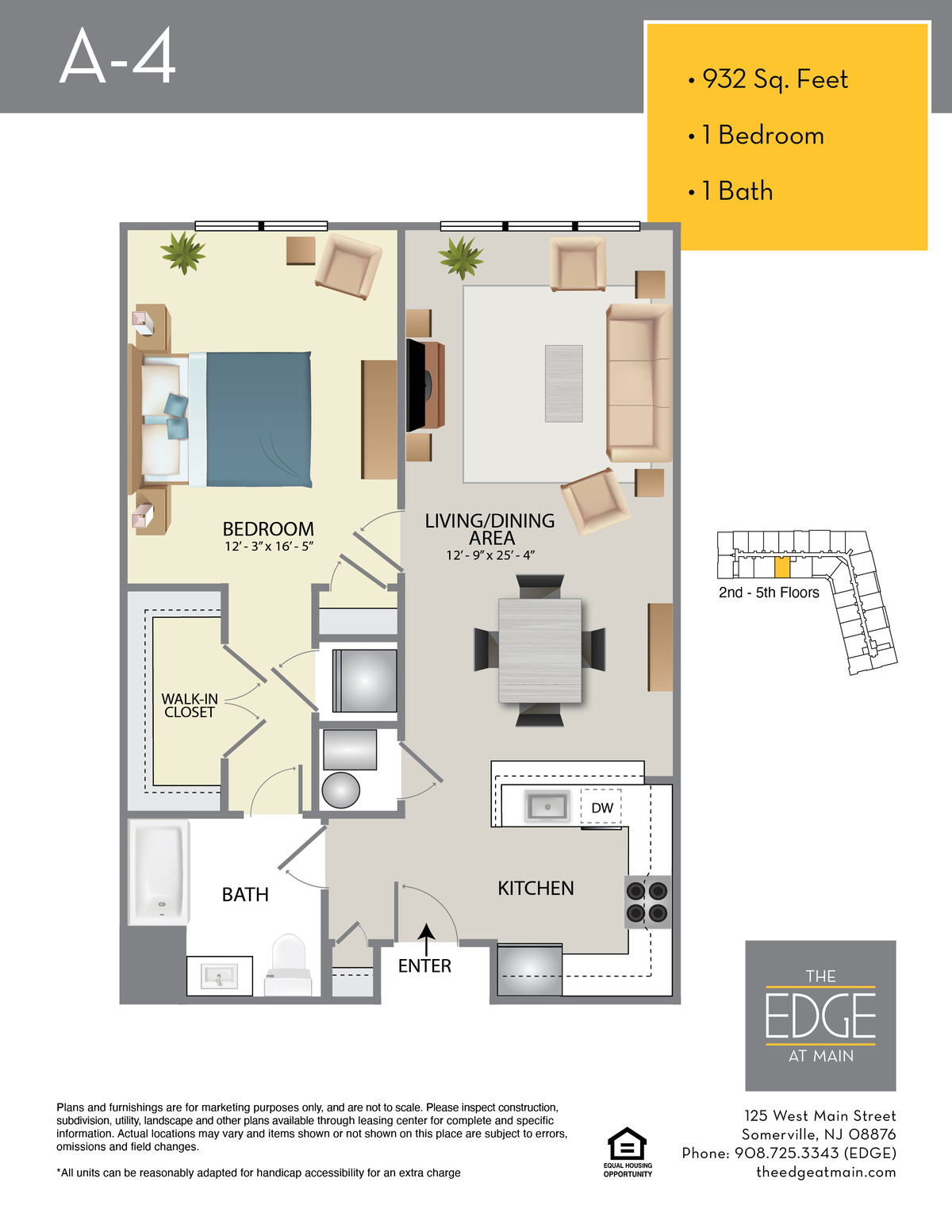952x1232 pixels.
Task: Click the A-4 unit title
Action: (x=117, y=56)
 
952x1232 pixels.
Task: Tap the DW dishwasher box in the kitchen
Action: (x=601, y=807)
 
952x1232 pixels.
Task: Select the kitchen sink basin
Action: (x=547, y=806)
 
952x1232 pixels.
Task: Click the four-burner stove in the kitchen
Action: (x=647, y=902)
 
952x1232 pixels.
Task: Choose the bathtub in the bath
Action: (x=159, y=872)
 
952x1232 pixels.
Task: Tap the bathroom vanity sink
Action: (x=220, y=977)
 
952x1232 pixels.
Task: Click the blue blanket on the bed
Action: (x=259, y=420)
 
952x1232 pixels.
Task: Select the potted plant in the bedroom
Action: (x=182, y=252)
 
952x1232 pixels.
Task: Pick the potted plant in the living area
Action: (x=461, y=258)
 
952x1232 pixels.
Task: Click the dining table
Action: (x=539, y=651)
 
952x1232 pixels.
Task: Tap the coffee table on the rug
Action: (x=563, y=383)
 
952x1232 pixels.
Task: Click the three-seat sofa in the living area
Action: (x=639, y=382)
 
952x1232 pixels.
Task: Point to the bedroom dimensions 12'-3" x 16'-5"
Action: (x=269, y=547)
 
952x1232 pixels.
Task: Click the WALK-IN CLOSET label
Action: (x=190, y=705)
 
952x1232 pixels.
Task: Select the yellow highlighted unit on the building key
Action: (x=782, y=567)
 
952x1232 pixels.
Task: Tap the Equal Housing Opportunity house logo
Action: (x=627, y=1144)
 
